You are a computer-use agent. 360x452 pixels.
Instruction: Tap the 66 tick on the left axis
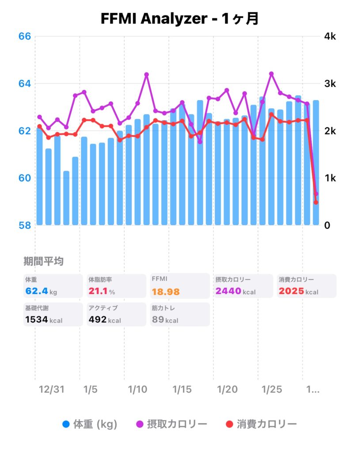pos(25,36)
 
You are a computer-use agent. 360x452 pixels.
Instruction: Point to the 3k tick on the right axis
pos(330,83)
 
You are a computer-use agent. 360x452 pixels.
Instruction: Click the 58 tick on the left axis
pos(25,225)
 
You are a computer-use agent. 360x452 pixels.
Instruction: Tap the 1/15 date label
pos(182,390)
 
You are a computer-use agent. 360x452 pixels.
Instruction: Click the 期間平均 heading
pos(43,261)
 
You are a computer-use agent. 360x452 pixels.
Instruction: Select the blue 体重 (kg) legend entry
pos(90,424)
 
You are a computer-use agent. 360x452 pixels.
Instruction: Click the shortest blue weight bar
pos(66,199)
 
